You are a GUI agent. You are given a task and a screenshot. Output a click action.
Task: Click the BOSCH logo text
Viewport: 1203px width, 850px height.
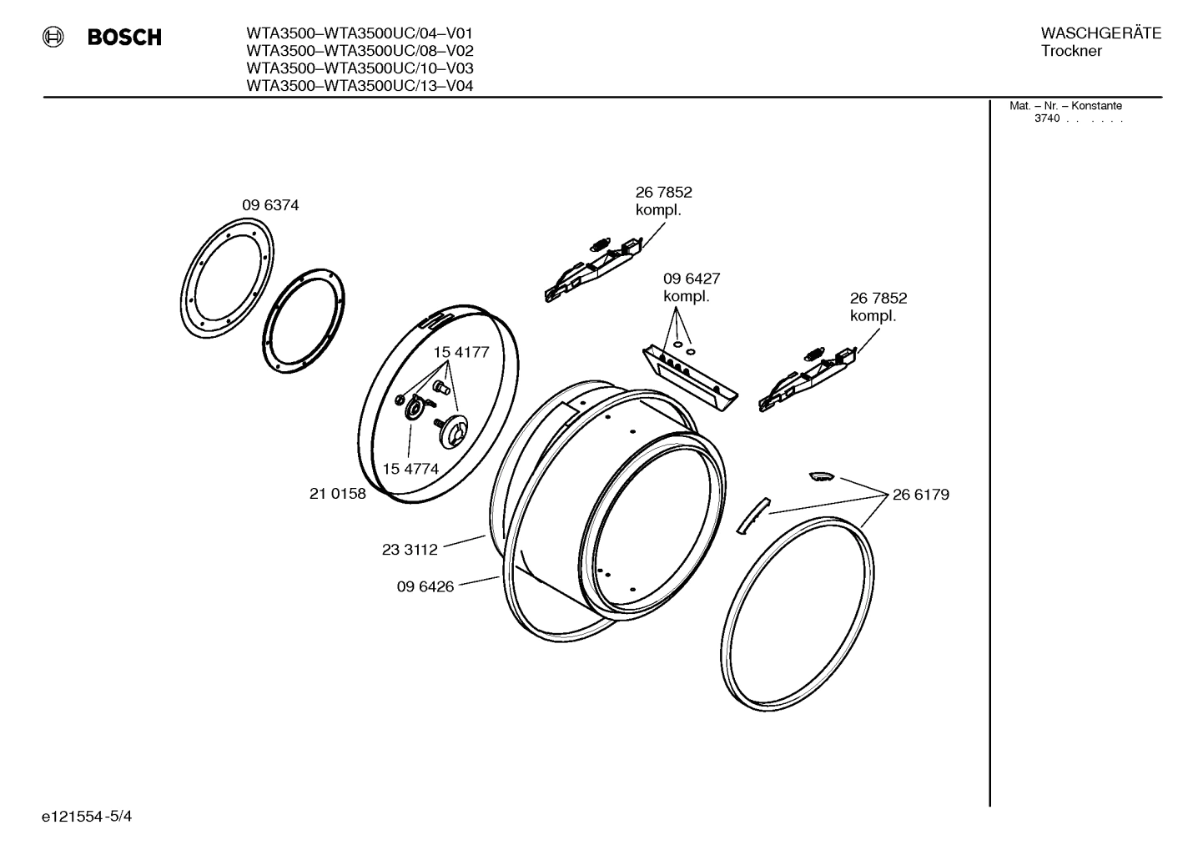click(124, 38)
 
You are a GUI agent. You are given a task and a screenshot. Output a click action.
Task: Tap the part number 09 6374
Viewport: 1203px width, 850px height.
click(270, 205)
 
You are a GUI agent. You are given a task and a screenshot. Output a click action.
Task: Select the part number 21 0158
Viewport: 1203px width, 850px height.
click(337, 494)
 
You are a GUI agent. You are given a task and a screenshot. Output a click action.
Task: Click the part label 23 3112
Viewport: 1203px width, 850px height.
click(410, 550)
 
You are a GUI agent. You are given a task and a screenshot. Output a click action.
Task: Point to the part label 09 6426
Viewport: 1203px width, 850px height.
click(425, 586)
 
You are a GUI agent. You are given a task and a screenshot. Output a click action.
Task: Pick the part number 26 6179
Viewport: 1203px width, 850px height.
click(920, 495)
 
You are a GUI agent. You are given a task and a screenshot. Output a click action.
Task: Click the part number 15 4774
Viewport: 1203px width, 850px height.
click(410, 469)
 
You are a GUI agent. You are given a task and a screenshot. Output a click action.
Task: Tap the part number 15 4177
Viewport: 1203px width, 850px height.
click(461, 353)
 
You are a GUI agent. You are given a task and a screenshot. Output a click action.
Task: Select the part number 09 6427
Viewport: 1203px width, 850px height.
click(692, 279)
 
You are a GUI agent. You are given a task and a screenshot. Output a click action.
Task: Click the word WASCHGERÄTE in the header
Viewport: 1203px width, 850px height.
click(1100, 33)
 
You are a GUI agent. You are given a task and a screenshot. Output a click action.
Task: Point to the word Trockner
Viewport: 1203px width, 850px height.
click(1071, 52)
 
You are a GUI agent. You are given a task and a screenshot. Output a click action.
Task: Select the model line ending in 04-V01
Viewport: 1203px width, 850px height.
click(360, 33)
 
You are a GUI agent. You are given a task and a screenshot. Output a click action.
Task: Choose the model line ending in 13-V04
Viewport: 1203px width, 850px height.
click(360, 85)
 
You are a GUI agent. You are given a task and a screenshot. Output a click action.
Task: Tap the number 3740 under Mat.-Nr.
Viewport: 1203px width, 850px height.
click(1046, 118)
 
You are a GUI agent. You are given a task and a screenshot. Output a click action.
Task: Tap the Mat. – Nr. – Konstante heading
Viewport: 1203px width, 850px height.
click(1065, 106)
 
